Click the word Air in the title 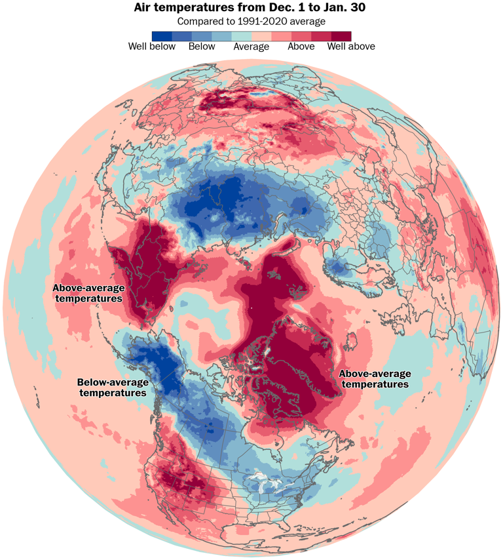(x=143, y=9)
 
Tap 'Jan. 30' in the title (x=345, y=9)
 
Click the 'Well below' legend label (x=151, y=47)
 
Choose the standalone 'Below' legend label (x=201, y=47)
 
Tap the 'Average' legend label (x=251, y=47)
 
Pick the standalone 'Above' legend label (x=301, y=47)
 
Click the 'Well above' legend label (x=351, y=47)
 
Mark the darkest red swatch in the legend (x=341, y=35)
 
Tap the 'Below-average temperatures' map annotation (x=113, y=387)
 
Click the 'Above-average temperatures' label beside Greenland (x=374, y=378)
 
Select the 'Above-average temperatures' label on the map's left (x=88, y=292)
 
